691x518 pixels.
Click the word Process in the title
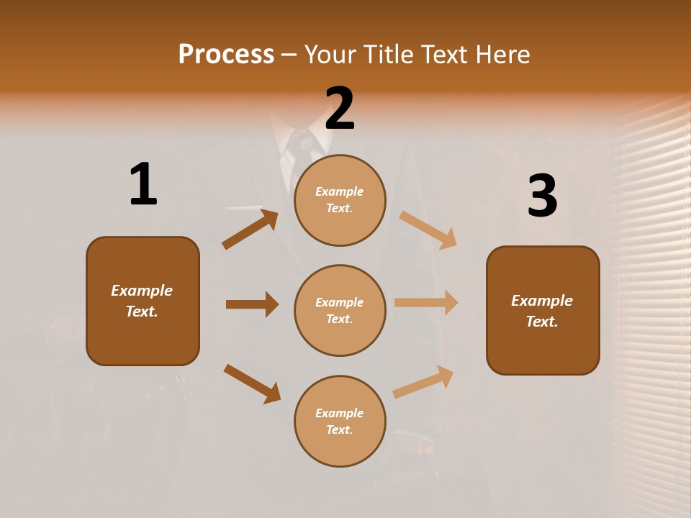[x=226, y=55]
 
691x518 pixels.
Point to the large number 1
[x=143, y=185]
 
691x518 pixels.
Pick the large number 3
[x=542, y=196]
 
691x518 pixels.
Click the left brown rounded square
[x=143, y=301]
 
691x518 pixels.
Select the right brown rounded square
[x=543, y=311]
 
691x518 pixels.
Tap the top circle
[x=340, y=200]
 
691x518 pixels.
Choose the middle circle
[x=340, y=311]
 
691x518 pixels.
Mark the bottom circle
[x=340, y=422]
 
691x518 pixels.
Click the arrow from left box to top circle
[x=250, y=230]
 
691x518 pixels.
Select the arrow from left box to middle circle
[x=252, y=304]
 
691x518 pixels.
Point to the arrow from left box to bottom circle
[x=252, y=383]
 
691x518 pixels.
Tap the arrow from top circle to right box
[x=428, y=230]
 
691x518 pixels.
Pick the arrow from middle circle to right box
[x=426, y=303]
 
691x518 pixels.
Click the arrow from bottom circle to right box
[x=423, y=382]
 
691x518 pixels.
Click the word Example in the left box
[x=142, y=291]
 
